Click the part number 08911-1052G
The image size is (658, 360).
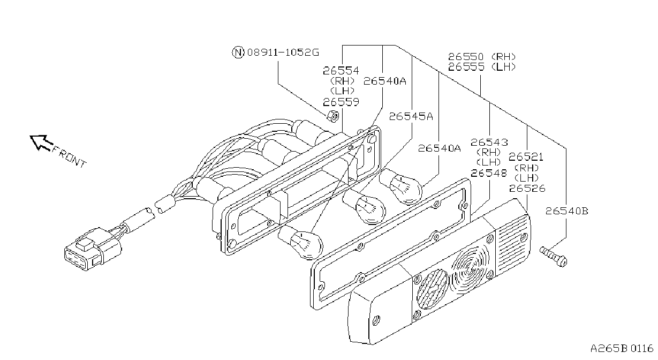(283, 52)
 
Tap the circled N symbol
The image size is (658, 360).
(238, 52)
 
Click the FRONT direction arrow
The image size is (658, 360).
(42, 143)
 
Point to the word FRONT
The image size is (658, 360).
(69, 157)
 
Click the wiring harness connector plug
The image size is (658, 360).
(93, 249)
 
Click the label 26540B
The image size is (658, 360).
(566, 211)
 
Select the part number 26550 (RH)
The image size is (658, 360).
(482, 56)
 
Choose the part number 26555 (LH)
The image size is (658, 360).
(482, 67)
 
